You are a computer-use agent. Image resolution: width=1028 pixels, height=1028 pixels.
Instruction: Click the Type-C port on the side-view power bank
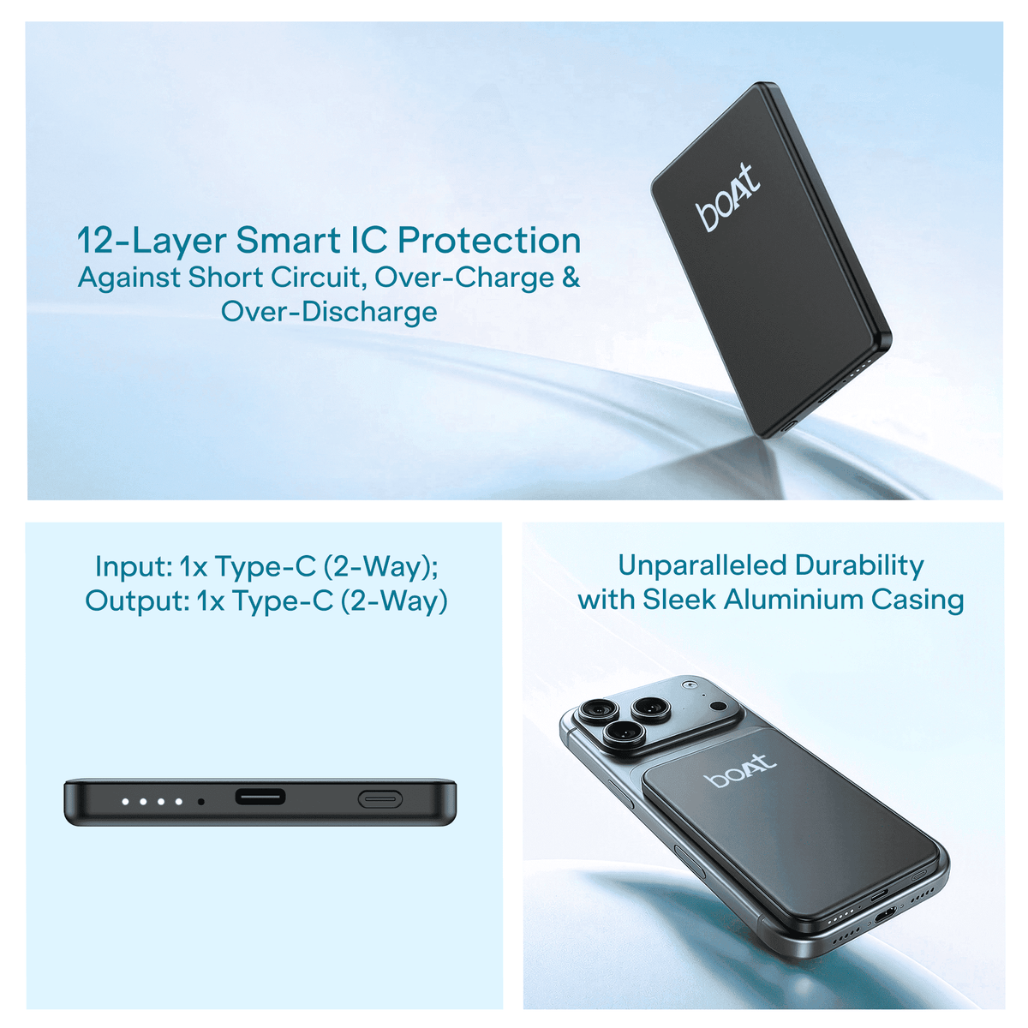pyautogui.click(x=260, y=798)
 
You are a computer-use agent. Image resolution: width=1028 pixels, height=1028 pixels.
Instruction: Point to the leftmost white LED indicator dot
pyautogui.click(x=125, y=801)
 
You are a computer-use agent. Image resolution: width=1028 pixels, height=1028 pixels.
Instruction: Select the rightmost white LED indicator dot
pyautogui.click(x=179, y=801)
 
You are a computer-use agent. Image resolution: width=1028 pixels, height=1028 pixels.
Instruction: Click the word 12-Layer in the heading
pyautogui.click(x=152, y=241)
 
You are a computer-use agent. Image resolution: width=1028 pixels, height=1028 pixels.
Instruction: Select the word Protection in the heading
pyautogui.click(x=489, y=240)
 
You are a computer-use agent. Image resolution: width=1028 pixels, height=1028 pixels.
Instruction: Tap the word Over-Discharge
pyautogui.click(x=329, y=312)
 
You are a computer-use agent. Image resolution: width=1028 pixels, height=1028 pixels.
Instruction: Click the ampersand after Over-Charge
pyautogui.click(x=571, y=278)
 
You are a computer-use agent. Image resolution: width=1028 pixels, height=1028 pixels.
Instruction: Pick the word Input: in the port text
pyautogui.click(x=134, y=566)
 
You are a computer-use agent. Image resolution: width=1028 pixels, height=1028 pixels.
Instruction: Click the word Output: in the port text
pyautogui.click(x=135, y=601)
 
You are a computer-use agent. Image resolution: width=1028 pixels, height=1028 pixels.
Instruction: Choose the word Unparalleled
pyautogui.click(x=702, y=565)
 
